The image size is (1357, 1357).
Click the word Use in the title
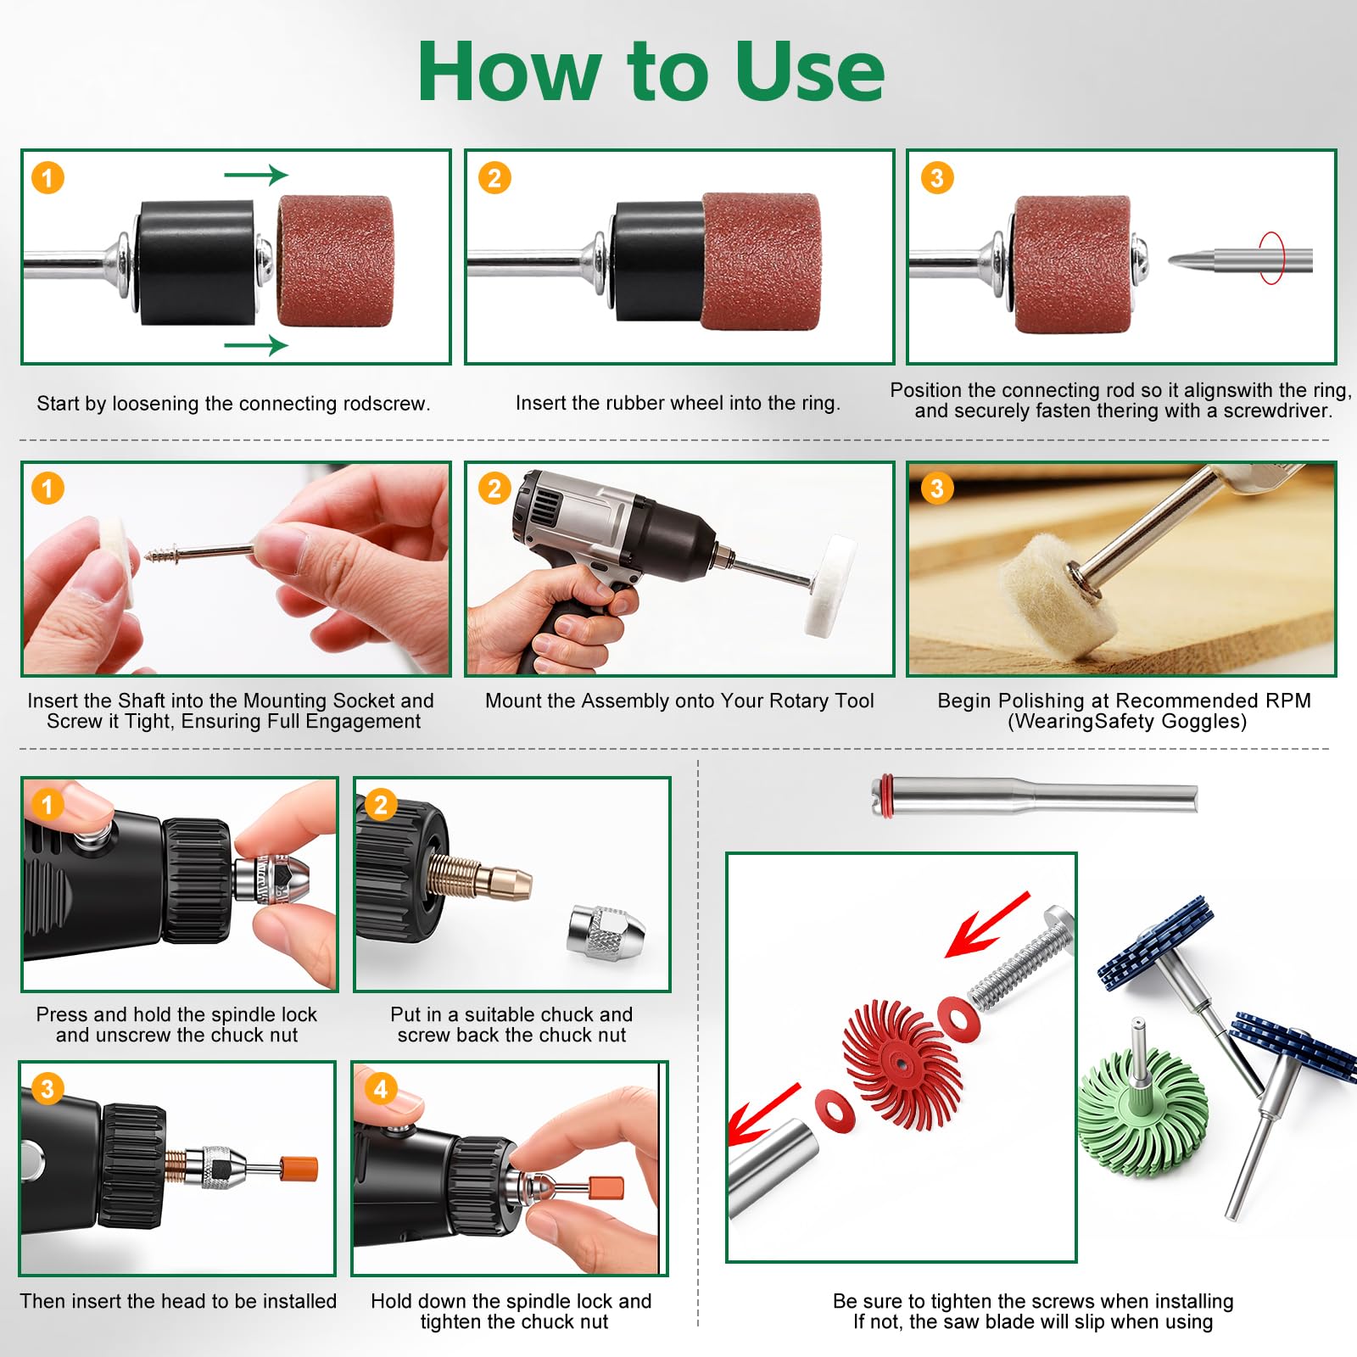809,71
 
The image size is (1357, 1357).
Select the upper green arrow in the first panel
256,175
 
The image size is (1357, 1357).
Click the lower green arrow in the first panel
256,345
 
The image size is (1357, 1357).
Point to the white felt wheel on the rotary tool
830,585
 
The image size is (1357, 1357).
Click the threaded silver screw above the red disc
1022,956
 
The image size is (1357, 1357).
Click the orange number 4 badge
381,1089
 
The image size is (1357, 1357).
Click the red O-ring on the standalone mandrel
885,796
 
